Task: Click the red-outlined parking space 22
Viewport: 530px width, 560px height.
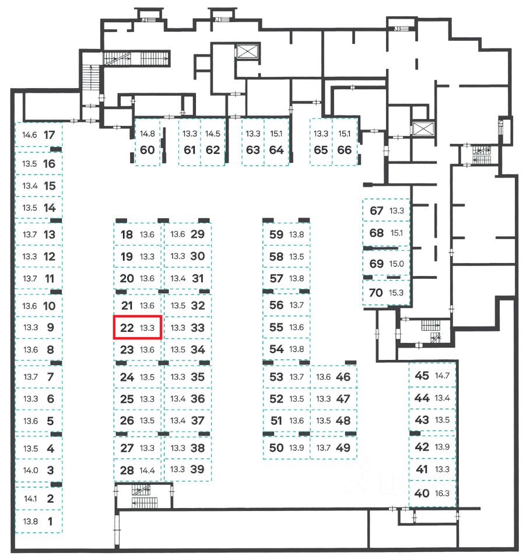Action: pos(137,327)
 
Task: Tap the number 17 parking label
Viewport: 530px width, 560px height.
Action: pos(50,135)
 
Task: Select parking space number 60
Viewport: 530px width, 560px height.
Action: pos(148,149)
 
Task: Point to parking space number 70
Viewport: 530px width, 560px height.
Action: pos(377,292)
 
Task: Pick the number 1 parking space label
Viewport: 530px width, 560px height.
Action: pos(50,521)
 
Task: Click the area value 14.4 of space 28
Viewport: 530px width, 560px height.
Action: pos(148,470)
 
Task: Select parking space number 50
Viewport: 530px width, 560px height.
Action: pos(276,447)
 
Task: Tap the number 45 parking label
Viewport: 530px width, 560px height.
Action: pos(422,375)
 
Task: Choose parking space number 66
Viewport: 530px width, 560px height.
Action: pos(345,149)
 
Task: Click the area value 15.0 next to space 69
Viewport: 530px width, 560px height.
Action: pos(396,264)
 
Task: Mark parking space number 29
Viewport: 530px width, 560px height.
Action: pos(198,235)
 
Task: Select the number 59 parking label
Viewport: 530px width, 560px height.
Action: pos(276,235)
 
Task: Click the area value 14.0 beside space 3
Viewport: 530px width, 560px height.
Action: pos(30,470)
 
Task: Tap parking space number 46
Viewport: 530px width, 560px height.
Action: pos(343,377)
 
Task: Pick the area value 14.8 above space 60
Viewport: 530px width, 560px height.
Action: pos(148,134)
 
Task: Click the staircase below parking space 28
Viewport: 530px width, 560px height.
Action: pos(141,496)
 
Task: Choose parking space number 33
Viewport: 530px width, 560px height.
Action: pos(198,328)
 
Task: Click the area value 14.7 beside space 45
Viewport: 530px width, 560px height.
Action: pos(443,375)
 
